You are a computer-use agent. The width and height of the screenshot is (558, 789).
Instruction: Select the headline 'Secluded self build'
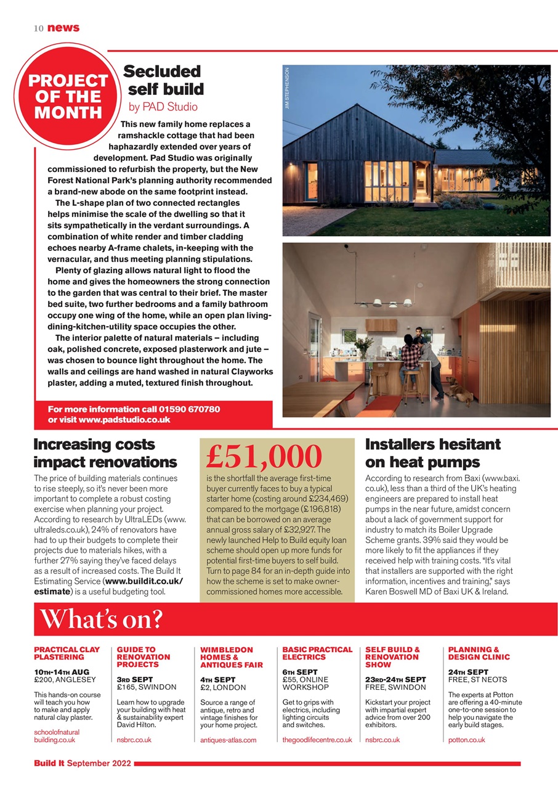click(163, 81)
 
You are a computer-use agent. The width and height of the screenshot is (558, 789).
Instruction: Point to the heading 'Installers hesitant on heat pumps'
click(433, 453)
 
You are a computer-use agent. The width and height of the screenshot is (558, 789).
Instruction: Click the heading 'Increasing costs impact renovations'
click(105, 453)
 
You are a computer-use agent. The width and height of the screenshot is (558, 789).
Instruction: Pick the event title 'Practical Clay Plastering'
click(67, 653)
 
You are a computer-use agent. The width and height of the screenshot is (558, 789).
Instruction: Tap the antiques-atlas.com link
click(228, 740)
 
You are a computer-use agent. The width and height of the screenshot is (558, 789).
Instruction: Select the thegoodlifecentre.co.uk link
click(317, 740)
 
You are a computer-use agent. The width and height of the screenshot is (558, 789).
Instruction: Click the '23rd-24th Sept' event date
click(395, 679)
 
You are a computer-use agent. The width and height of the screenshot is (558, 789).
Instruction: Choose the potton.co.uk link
click(466, 740)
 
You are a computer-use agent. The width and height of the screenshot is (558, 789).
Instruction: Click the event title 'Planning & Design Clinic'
click(479, 653)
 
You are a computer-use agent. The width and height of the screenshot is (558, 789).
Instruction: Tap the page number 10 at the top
click(38, 28)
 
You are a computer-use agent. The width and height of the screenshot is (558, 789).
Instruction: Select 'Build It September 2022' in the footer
click(83, 764)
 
